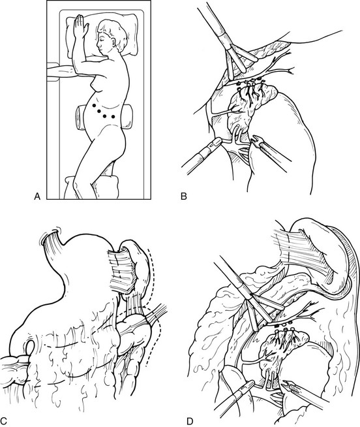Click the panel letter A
tap(37, 196)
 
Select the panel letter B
tap(184, 196)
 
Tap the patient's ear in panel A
tap(113, 41)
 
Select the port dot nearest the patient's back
tap(113, 117)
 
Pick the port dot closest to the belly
tap(94, 105)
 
